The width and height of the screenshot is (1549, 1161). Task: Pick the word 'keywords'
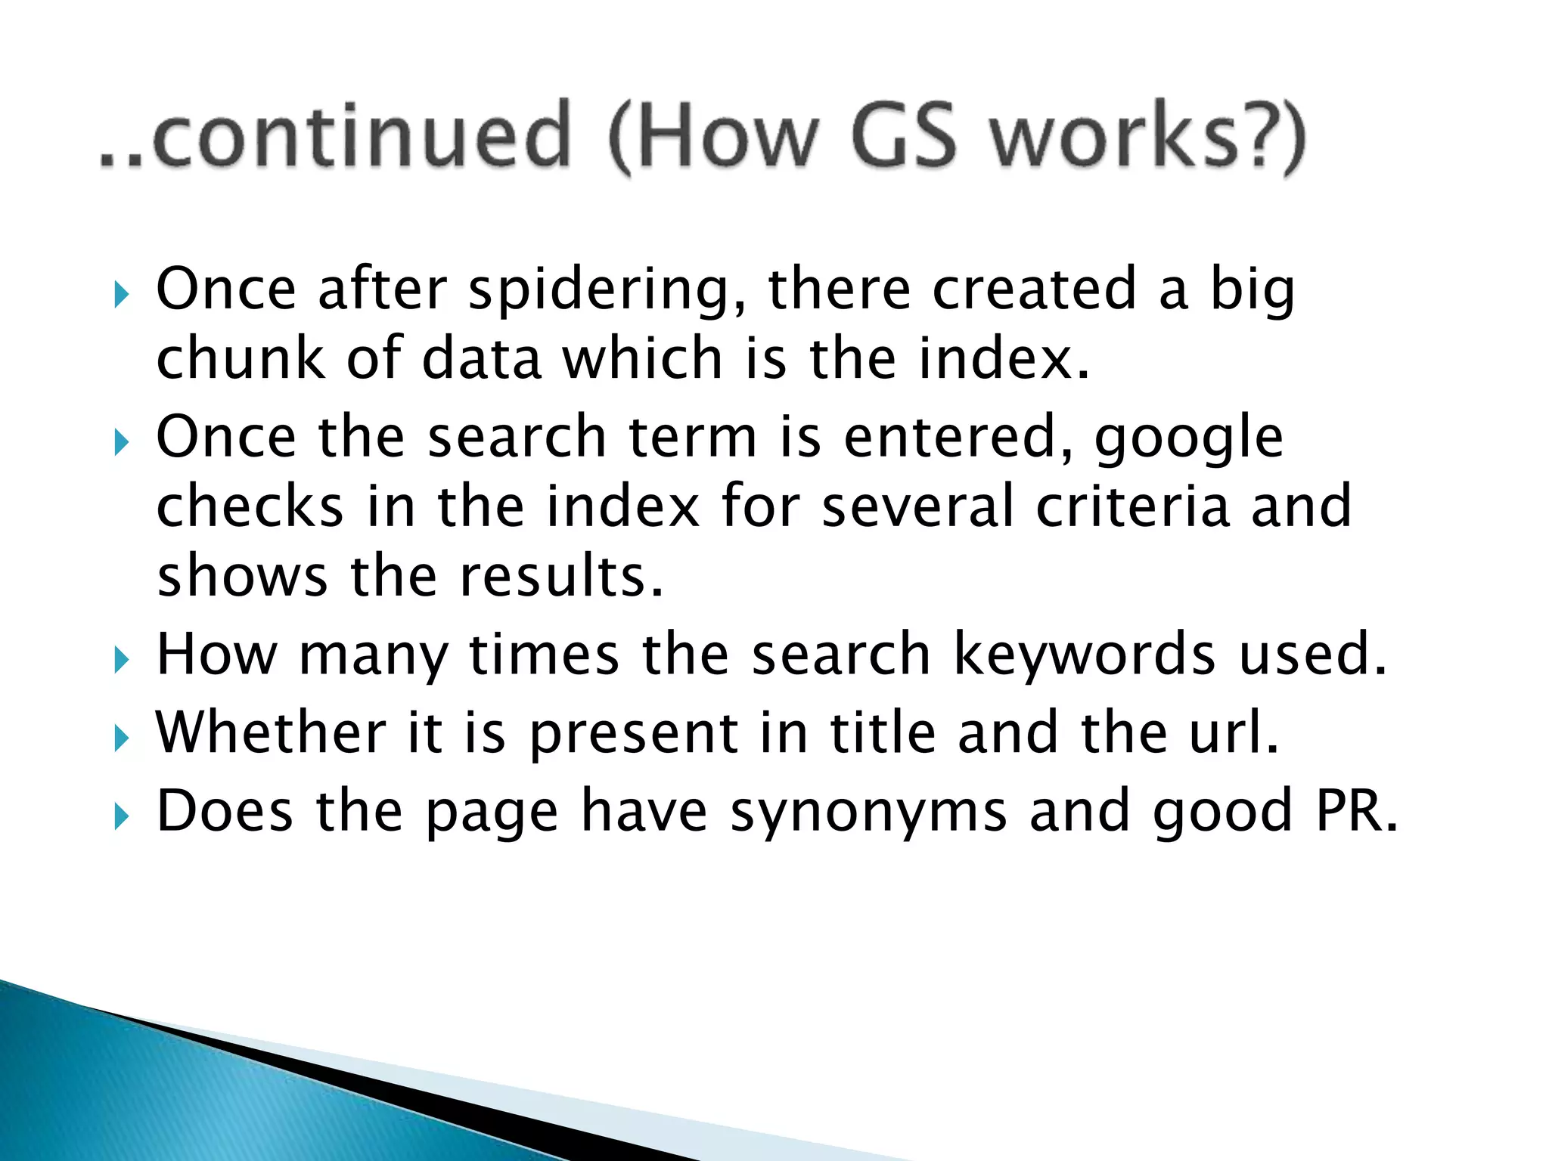click(x=1083, y=655)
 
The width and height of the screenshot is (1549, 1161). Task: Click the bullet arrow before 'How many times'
click(x=122, y=661)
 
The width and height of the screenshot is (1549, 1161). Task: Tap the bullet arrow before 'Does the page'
click(x=122, y=817)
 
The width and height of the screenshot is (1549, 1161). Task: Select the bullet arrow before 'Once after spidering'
click(x=122, y=296)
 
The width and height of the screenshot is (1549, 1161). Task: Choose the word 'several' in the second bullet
click(x=917, y=506)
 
